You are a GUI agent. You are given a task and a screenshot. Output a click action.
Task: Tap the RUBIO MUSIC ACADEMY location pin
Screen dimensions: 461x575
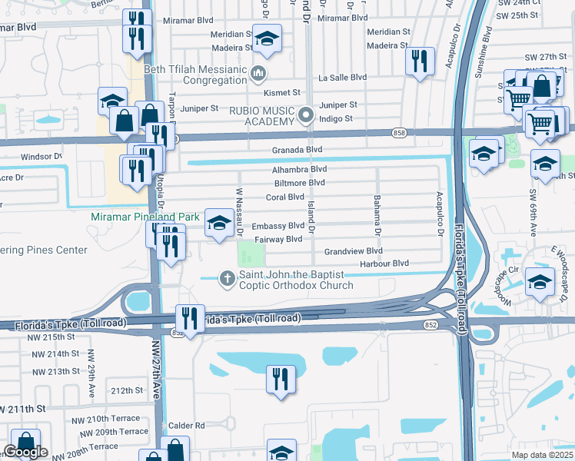coord(306,116)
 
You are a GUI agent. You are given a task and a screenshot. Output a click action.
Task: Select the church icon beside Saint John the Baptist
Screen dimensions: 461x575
coord(227,277)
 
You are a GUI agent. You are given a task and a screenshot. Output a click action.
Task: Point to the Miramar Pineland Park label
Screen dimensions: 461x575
coord(145,217)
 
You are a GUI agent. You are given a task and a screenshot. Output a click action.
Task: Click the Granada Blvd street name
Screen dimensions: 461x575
coord(299,150)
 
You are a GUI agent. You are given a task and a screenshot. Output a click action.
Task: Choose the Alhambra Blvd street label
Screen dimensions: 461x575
coord(299,169)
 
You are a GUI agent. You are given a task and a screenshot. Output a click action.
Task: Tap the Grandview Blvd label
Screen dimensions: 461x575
coord(353,251)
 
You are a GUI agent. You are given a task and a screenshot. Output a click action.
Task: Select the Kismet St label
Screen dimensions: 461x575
coord(281,92)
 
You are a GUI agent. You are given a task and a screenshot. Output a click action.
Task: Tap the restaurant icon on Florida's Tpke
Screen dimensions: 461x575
coord(189,318)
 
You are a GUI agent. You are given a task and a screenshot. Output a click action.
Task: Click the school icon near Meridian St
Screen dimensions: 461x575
coord(267,38)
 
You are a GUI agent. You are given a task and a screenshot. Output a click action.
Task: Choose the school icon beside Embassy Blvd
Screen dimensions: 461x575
coord(220,224)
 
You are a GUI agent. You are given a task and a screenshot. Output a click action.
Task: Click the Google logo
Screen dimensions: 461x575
coord(25,452)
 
